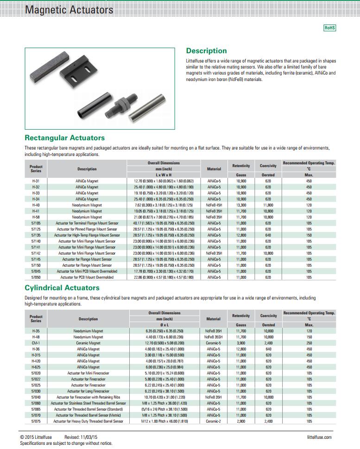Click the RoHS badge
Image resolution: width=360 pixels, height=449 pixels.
pyautogui.click(x=329, y=28)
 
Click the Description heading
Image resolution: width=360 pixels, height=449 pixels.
pyautogui.click(x=206, y=51)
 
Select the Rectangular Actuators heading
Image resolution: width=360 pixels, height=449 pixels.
pyautogui.click(x=64, y=138)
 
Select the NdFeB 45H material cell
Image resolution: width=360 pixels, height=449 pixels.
pyautogui.click(x=214, y=205)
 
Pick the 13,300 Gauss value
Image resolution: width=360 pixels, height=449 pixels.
pyautogui.click(x=241, y=205)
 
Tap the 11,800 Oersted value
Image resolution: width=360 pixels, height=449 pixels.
pyautogui.click(x=268, y=205)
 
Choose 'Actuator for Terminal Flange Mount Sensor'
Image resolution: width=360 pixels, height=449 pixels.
pyautogui.click(x=87, y=223)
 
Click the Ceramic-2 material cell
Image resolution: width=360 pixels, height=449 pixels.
pyautogui.click(x=213, y=421)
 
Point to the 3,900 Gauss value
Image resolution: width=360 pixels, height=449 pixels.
pyautogui.click(x=241, y=343)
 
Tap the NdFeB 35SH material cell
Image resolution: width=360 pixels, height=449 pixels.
pyautogui.click(x=213, y=337)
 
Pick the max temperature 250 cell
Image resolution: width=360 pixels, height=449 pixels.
pyautogui.click(x=309, y=343)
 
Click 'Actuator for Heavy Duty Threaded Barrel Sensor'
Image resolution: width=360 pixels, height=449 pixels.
pyautogui.click(x=88, y=421)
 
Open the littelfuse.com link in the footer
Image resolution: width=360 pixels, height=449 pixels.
pyautogui.click(x=319, y=437)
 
